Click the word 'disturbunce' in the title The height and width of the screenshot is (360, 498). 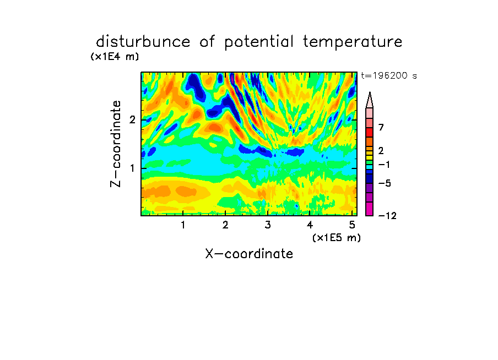(x=143, y=42)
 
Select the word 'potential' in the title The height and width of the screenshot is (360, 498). (x=259, y=42)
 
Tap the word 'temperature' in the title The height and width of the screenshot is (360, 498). (x=353, y=42)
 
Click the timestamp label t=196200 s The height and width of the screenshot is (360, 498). (x=389, y=75)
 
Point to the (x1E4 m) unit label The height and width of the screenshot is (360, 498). (x=115, y=57)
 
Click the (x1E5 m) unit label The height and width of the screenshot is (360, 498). (x=337, y=237)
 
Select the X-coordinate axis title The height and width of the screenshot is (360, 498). (x=249, y=254)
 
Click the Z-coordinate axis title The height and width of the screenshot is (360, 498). (x=116, y=144)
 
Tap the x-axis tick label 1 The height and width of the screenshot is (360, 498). (x=183, y=225)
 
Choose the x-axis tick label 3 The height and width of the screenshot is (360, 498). (x=268, y=225)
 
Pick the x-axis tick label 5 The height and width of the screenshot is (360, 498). (x=352, y=225)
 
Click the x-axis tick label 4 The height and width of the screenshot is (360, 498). (x=310, y=225)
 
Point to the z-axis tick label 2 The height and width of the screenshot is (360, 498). (x=132, y=120)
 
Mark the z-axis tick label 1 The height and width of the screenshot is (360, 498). (x=132, y=168)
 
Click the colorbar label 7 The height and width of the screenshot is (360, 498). (x=381, y=127)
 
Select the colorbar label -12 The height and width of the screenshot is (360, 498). (x=387, y=216)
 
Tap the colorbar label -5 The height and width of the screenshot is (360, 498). (x=385, y=183)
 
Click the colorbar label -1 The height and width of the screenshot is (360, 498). (x=385, y=165)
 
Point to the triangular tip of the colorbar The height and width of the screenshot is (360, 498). (x=370, y=92)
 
